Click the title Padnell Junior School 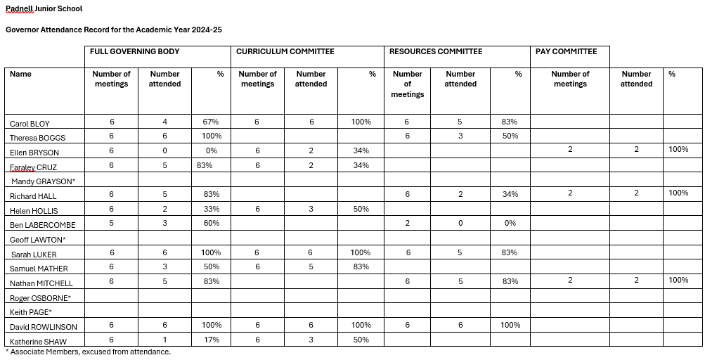pyautogui.click(x=44, y=9)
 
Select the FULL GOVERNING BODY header pyautogui.click(x=134, y=51)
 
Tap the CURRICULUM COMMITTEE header pyautogui.click(x=285, y=51)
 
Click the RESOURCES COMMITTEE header pyautogui.click(x=436, y=51)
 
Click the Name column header pyautogui.click(x=20, y=74)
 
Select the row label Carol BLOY pyautogui.click(x=30, y=124)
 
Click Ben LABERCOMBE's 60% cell pyautogui.click(x=212, y=224)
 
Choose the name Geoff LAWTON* pyautogui.click(x=37, y=239)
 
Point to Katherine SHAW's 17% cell pyautogui.click(x=212, y=340)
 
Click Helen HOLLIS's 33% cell pyautogui.click(x=212, y=210)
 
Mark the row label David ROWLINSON pyautogui.click(x=44, y=327)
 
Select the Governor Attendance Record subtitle pyautogui.click(x=114, y=30)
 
